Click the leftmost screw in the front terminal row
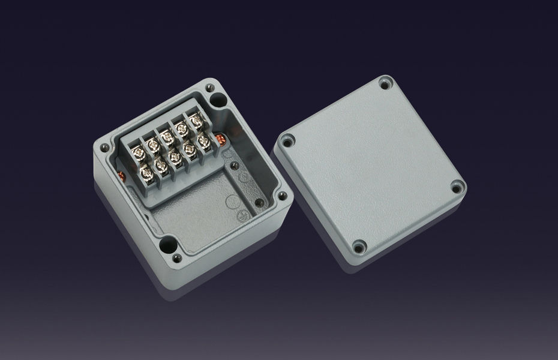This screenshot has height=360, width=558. point(146,175)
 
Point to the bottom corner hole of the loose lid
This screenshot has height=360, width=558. point(359,245)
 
